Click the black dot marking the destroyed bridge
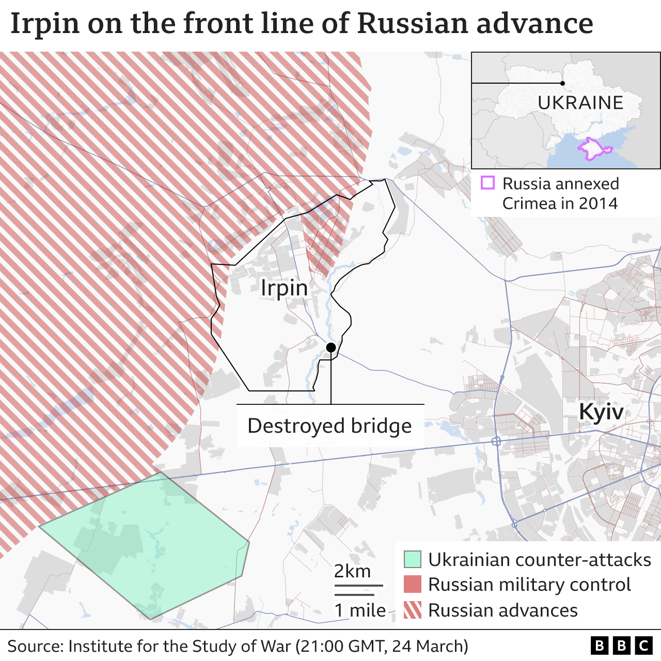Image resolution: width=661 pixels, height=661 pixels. point(331,348)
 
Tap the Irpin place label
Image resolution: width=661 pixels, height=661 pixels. point(284,288)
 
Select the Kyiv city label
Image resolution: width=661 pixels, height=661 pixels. point(601,412)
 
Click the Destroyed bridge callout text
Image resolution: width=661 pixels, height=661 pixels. point(329,426)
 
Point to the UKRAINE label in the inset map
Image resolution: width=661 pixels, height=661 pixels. point(580,103)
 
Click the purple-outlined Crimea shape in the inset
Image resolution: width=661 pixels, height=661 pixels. point(593,149)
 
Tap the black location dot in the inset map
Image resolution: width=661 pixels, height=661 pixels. point(562,83)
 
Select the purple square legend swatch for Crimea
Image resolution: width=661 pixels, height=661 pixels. point(487,183)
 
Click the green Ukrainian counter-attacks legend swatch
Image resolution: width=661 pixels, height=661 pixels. point(412,559)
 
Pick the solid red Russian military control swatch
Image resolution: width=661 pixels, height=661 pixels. point(412,585)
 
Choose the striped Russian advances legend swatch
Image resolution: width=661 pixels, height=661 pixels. point(412,610)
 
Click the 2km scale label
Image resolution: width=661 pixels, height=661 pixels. point(352,571)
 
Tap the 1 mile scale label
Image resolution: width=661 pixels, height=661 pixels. point(360,610)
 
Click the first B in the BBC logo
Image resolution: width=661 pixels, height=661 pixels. point(599,646)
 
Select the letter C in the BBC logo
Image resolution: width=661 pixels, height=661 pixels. point(643,646)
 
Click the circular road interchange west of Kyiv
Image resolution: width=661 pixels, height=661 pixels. point(496,441)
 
